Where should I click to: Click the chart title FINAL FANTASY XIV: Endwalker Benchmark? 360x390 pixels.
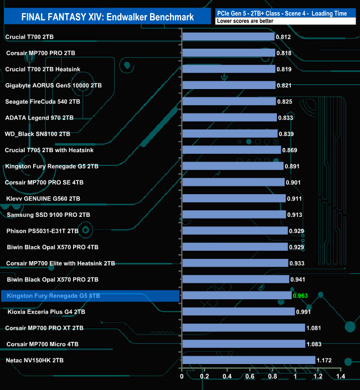(107, 17)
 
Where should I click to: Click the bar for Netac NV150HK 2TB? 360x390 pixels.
(248, 360)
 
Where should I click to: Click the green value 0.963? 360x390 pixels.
(300, 296)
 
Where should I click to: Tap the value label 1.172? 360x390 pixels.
(325, 360)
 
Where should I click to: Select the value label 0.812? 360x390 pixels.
(283, 37)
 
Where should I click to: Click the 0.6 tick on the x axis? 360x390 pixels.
(250, 377)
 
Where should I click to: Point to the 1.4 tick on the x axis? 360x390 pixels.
(340, 377)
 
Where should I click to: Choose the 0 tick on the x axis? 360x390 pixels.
(182, 377)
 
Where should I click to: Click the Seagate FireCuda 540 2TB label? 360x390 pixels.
(43, 102)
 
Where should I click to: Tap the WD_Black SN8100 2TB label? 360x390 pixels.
(38, 134)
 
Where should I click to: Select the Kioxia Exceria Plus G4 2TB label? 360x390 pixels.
(47, 312)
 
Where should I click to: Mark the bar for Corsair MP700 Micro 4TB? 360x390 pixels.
(243, 344)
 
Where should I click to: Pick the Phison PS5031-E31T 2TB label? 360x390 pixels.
(42, 231)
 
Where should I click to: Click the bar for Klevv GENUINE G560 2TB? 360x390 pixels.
(234, 199)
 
